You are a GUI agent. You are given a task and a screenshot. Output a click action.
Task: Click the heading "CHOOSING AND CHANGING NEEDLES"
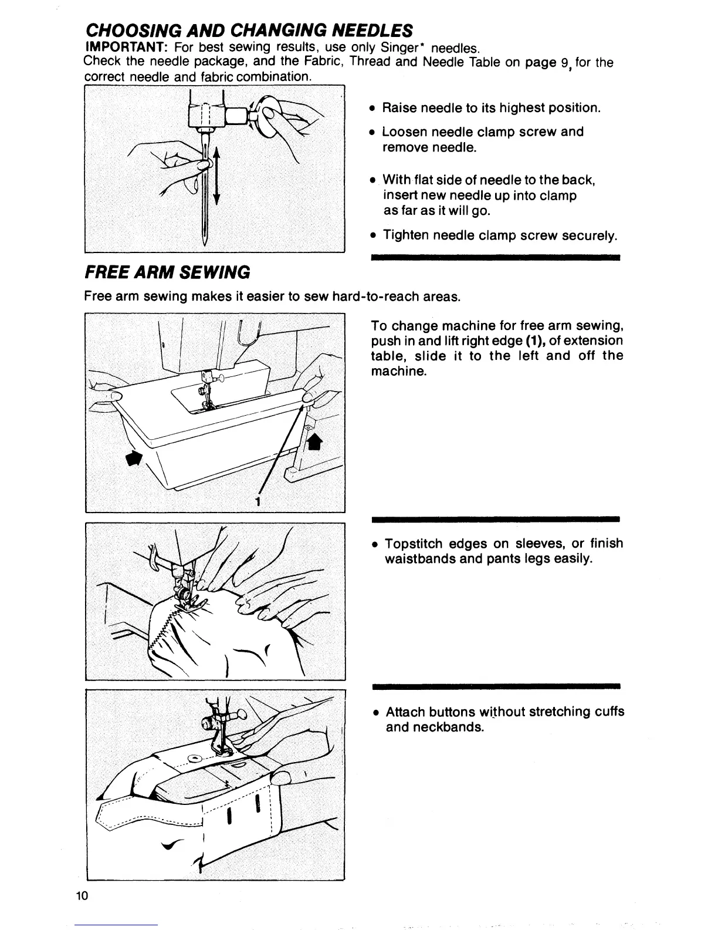pos(249,30)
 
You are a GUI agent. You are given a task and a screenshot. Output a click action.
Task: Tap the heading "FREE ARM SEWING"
pos(168,272)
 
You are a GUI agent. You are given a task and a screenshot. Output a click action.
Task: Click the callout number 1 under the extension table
pos(257,501)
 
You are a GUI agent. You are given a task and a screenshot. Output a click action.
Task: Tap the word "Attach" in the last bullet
pos(405,712)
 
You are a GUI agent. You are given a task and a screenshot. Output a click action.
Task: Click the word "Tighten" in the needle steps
pos(405,235)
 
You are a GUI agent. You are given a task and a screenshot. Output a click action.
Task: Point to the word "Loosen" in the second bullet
pos(404,132)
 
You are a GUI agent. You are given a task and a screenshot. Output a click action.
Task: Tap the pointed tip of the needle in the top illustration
pos(205,242)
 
